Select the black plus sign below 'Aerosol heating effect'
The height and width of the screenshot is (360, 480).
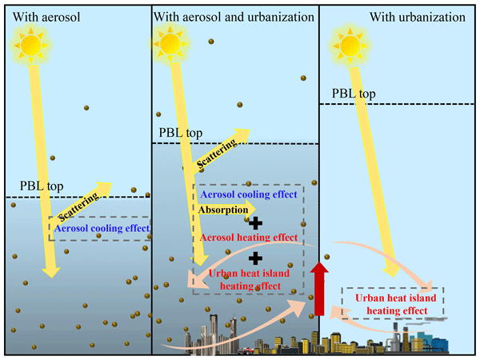pos(255,258)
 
